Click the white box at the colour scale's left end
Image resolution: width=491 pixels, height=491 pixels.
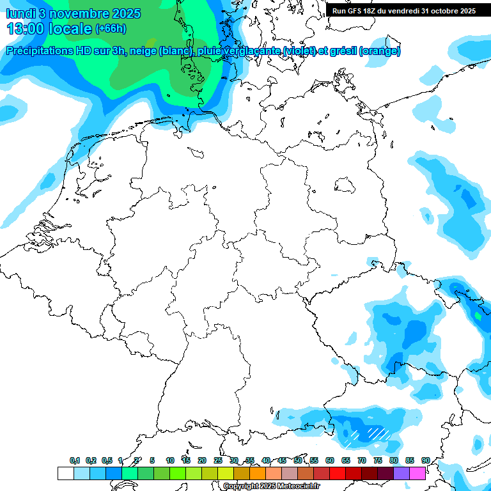pos(65,474)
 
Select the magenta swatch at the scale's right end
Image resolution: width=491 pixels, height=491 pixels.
pos(417,474)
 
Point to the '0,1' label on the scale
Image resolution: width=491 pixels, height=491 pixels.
pos(75,461)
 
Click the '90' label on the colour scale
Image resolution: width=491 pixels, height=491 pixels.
pos(426,461)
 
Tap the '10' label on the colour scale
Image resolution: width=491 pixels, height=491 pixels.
pos(170,461)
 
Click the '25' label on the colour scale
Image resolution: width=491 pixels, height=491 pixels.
pos(218,461)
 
